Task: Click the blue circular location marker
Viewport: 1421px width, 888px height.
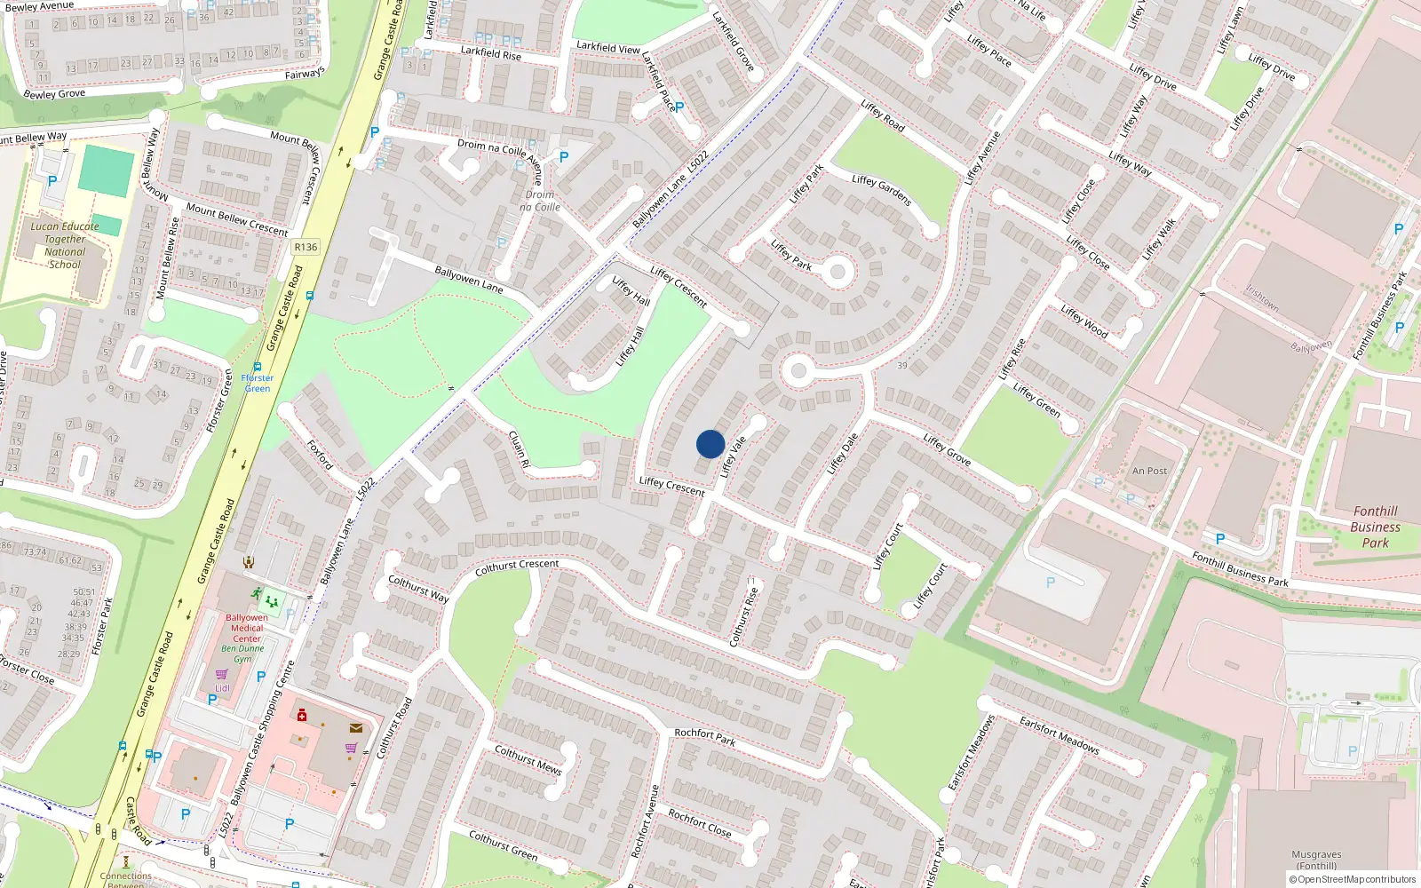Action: coord(710,444)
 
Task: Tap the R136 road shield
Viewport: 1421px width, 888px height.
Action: coord(306,247)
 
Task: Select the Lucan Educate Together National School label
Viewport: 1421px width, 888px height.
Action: coord(65,245)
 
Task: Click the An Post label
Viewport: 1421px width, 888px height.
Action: coord(1149,471)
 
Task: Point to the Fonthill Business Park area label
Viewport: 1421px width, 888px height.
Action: coord(1375,527)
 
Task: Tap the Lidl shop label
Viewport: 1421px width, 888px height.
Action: coord(222,688)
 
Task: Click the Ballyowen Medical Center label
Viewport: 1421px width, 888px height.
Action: coord(246,628)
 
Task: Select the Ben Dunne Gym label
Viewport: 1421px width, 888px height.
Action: coord(242,654)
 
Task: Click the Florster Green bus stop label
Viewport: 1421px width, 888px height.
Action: coord(258,383)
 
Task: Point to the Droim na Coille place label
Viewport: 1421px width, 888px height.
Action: coord(540,201)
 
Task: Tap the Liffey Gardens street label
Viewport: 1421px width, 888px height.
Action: coord(881,190)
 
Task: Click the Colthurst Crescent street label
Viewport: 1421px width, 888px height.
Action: coord(517,567)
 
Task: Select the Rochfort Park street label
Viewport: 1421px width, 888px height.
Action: coord(705,736)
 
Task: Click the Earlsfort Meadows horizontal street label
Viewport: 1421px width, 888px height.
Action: coord(1059,735)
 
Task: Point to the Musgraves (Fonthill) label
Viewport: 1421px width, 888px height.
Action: coord(1316,860)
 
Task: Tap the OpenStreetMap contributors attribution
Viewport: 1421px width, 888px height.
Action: coord(1354,879)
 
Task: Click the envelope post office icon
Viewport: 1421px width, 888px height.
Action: coord(355,728)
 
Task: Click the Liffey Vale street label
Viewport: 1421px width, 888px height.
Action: coord(734,456)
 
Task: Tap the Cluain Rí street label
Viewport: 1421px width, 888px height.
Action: coord(519,449)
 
